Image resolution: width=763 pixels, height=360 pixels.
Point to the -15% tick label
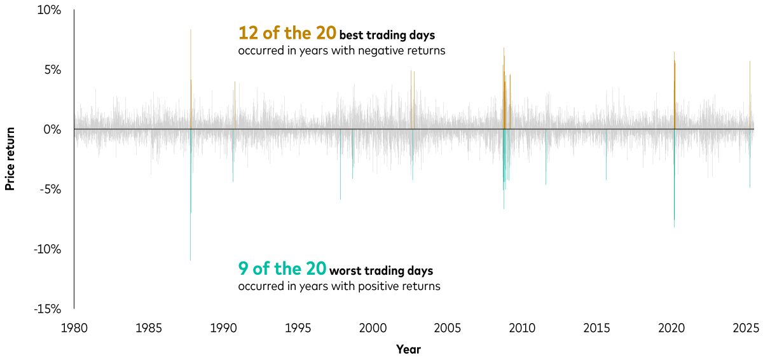coord(48,309)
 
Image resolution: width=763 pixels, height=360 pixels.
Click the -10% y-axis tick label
coord(48,249)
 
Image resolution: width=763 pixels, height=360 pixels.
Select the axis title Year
coord(408,349)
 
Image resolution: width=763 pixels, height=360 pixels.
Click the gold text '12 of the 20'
coord(287,33)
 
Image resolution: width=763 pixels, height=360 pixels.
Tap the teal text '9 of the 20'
coord(282,268)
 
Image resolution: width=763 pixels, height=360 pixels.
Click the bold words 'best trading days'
coord(387,36)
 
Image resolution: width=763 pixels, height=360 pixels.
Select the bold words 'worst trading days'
coord(381,271)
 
